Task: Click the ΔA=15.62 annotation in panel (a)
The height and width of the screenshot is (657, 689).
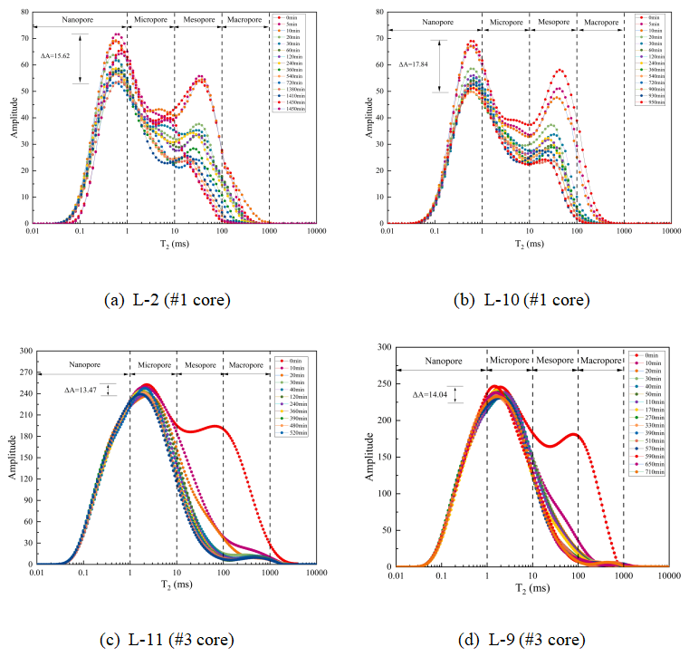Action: click(56, 56)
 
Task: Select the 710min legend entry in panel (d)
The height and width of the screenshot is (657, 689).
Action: click(652, 472)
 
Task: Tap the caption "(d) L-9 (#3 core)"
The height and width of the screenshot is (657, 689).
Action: click(523, 639)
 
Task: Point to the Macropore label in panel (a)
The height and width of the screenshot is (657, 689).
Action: click(245, 19)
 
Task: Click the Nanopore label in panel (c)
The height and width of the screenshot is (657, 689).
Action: click(82, 365)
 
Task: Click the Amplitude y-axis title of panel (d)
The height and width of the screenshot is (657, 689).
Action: click(365, 456)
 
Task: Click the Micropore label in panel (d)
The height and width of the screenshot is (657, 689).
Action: click(509, 360)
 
